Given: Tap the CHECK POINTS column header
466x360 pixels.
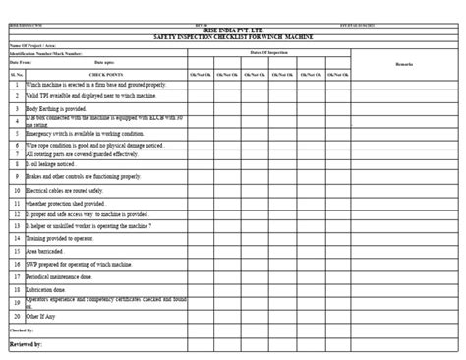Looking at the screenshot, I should pyautogui.click(x=105, y=74).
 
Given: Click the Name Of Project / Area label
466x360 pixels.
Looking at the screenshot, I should pyautogui.click(x=32, y=45).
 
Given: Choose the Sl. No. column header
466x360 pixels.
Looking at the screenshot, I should pyautogui.click(x=17, y=74).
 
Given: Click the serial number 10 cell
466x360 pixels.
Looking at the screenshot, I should pyautogui.click(x=17, y=190).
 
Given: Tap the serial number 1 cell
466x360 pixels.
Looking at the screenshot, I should pyautogui.click(x=17, y=86).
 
